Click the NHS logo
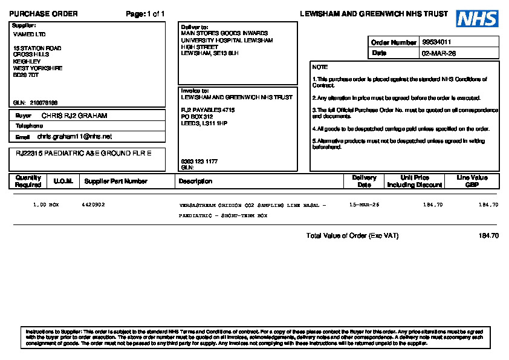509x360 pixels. (x=477, y=18)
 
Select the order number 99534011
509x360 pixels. (x=436, y=42)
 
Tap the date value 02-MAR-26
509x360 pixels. (x=438, y=53)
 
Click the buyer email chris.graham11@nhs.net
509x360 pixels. (x=74, y=137)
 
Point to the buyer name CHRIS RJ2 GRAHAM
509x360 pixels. (x=74, y=116)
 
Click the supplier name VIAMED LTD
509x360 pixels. (x=29, y=34)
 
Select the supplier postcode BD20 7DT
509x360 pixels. (x=26, y=75)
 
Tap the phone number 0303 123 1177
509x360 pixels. (x=199, y=162)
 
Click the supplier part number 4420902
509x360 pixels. (x=93, y=205)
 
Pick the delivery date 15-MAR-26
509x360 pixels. (x=365, y=205)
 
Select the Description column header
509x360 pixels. (x=195, y=181)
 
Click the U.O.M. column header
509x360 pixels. (x=63, y=181)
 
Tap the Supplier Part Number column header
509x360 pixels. (x=115, y=181)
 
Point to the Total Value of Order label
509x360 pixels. (x=352, y=235)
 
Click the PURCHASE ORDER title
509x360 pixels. (x=44, y=14)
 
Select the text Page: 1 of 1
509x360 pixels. (x=145, y=14)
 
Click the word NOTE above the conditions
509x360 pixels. (x=320, y=67)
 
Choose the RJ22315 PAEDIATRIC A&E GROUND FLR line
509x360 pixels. (x=83, y=152)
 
